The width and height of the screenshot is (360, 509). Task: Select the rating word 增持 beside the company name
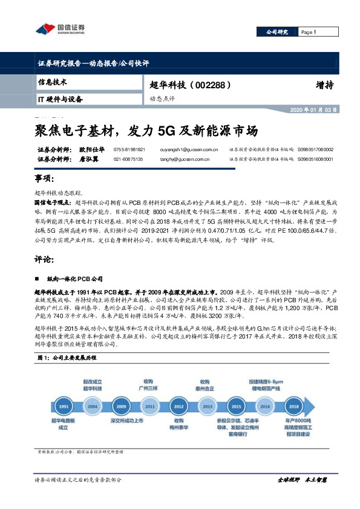324,85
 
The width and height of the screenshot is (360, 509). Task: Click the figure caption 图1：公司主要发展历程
63,358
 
